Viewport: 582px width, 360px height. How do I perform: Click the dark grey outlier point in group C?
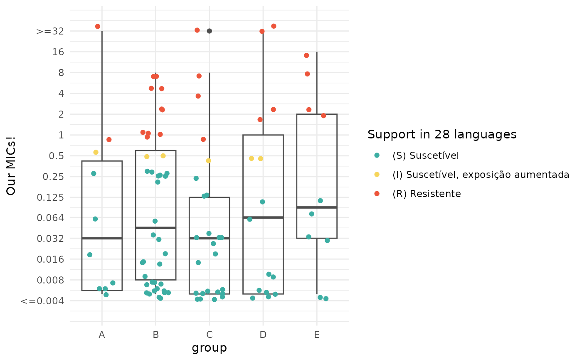(210, 31)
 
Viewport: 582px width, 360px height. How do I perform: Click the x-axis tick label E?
(317, 335)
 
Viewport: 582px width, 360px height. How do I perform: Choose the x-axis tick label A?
(102, 335)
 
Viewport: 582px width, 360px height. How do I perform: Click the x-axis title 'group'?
(209, 348)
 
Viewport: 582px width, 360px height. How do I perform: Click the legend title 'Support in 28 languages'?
(442, 134)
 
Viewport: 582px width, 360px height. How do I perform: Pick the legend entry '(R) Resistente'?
(427, 194)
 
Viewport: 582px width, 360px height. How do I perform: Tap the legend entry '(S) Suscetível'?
(425, 155)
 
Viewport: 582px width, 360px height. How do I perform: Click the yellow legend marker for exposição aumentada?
(377, 175)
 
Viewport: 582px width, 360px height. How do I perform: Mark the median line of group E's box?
(317, 207)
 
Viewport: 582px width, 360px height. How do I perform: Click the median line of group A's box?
(102, 238)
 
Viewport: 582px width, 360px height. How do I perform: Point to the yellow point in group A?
(96, 153)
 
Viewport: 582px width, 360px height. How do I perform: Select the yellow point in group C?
(209, 161)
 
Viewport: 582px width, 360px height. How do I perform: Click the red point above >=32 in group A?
(98, 27)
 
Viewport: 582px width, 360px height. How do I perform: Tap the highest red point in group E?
(306, 55)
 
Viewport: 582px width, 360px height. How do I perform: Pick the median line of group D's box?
(263, 217)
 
